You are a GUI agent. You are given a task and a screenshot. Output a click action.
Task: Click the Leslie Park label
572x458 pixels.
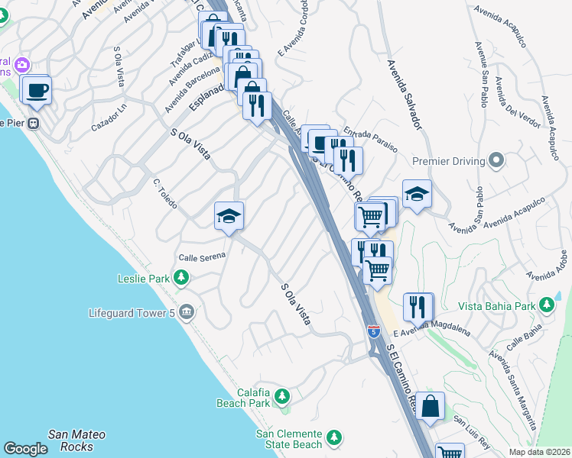[144, 279]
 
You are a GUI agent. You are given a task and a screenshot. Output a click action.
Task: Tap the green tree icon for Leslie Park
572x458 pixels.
[180, 279]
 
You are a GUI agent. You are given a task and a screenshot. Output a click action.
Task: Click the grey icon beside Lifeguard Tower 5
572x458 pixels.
[186, 312]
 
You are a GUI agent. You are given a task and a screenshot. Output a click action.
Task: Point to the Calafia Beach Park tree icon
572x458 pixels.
[282, 396]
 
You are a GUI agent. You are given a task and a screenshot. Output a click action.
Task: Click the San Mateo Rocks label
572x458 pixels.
[76, 440]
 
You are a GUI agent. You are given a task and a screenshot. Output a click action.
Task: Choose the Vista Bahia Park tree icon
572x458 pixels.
[547, 306]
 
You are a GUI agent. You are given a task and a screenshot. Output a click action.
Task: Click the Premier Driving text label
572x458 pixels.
[448, 161]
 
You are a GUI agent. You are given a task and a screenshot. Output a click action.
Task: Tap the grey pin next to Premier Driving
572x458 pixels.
[496, 161]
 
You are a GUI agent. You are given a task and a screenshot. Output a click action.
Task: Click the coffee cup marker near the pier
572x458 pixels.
[37, 92]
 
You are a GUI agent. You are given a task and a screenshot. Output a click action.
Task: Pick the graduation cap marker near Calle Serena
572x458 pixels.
[229, 217]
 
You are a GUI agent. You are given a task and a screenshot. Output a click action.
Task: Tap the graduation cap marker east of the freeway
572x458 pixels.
[417, 195]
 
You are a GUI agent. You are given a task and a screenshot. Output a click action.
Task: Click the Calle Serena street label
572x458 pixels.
[202, 256]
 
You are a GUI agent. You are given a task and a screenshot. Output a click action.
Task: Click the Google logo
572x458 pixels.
[25, 449]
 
